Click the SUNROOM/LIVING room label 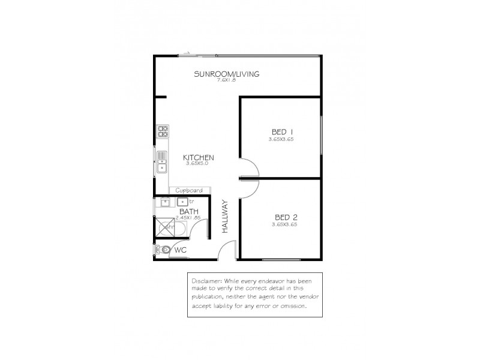[x=226, y=74]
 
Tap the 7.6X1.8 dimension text [x=226, y=81]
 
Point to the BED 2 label [x=286, y=217]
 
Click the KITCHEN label [x=198, y=158]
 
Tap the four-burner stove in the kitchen [x=163, y=131]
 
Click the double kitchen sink [x=162, y=161]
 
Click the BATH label [x=188, y=211]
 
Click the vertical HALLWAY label [x=226, y=216]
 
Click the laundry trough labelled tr [x=182, y=202]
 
